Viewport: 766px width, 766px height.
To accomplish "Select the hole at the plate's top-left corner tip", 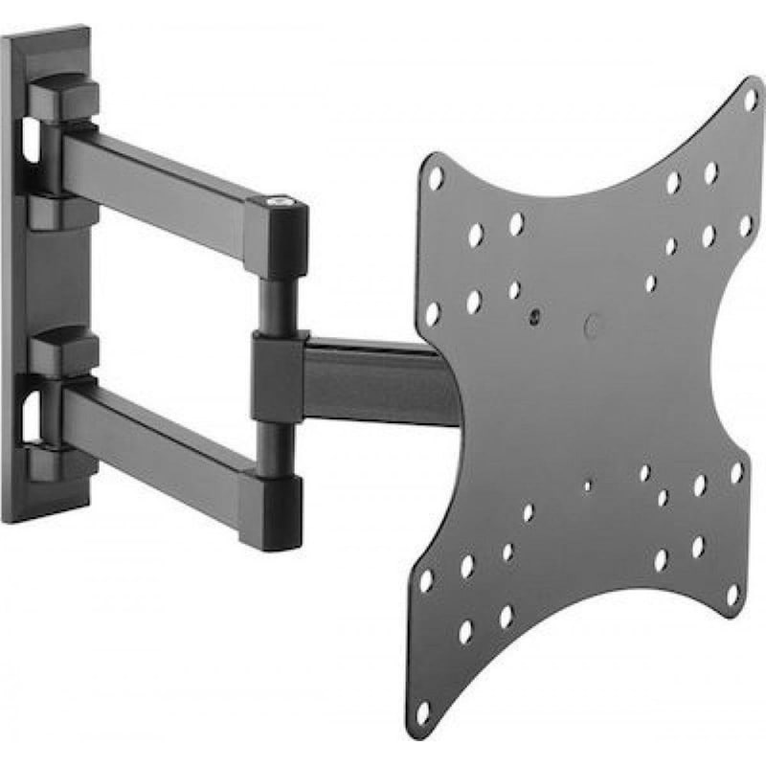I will [437, 178].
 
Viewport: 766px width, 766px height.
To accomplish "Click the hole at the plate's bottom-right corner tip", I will [732, 595].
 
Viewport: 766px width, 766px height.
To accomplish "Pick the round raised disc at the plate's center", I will [594, 326].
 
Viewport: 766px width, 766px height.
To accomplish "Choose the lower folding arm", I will [163, 431].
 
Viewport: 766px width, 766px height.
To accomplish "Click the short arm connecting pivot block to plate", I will [373, 373].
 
